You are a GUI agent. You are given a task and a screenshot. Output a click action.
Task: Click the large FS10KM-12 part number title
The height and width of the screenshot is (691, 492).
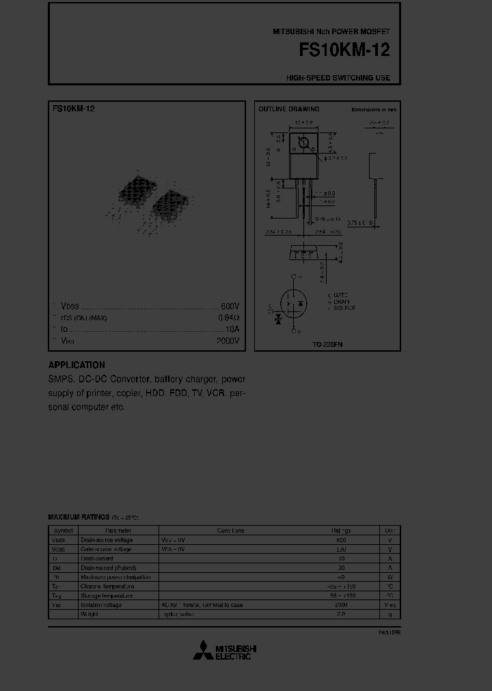coord(344,51)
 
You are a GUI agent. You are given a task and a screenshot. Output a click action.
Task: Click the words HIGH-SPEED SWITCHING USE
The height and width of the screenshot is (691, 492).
coord(338,78)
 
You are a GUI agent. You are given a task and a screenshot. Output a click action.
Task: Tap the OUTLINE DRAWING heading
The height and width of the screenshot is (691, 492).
coord(288,109)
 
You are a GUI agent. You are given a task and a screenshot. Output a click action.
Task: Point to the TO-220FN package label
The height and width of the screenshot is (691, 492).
coord(327,345)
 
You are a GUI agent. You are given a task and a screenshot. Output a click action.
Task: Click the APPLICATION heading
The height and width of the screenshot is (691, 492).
coord(77,365)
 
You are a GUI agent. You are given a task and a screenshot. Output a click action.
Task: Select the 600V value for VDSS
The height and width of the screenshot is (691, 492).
coord(230,307)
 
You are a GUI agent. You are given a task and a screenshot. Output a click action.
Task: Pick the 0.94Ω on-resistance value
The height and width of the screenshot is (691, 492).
coord(228,318)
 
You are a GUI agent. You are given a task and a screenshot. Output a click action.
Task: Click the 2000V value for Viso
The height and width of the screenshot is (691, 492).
coord(228,340)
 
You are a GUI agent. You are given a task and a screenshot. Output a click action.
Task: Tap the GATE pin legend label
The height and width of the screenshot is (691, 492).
coord(340,294)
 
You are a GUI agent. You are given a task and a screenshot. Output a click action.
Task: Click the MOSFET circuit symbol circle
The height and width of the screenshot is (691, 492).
coord(294,303)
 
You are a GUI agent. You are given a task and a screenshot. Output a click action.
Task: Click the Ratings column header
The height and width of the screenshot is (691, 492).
coord(341,531)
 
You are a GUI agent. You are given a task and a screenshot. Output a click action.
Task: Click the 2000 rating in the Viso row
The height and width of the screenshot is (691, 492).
coord(340,605)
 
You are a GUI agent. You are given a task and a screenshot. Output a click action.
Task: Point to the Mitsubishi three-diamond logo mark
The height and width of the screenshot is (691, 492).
coord(202,651)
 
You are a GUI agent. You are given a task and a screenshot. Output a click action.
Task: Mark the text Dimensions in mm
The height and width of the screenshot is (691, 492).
coord(374,109)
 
